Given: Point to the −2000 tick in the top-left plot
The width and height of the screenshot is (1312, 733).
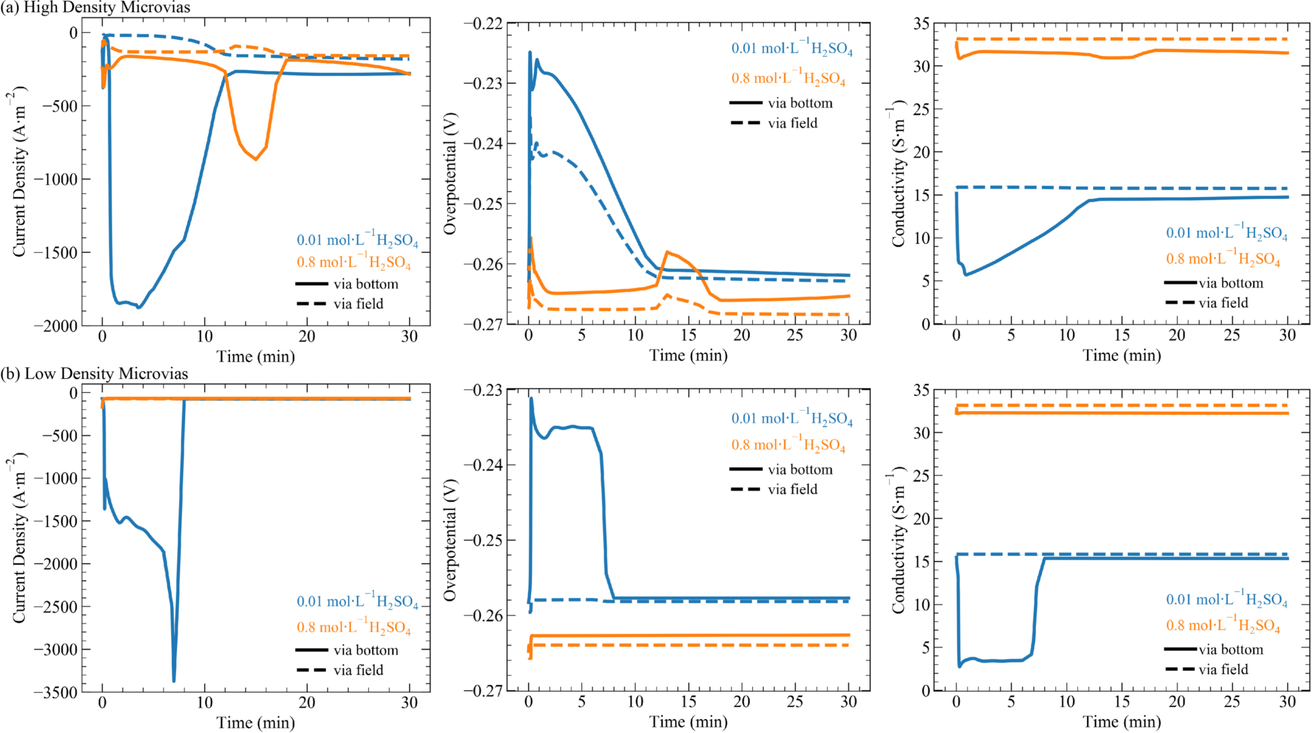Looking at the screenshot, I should click(x=60, y=326).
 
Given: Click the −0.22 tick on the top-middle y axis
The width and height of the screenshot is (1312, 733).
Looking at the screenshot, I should click(x=483, y=23).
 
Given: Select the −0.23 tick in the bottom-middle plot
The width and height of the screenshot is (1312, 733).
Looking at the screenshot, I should click(x=483, y=390).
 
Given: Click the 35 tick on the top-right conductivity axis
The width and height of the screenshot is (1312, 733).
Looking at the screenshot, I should click(x=922, y=23).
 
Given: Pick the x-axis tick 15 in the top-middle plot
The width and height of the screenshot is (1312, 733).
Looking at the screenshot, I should click(x=688, y=336).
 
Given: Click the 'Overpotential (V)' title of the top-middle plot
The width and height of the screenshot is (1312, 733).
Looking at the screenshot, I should click(x=450, y=174).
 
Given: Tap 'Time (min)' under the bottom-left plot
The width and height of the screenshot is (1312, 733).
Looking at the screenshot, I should click(x=255, y=723).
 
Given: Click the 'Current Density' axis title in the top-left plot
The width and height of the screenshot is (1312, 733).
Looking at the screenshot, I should click(x=19, y=171).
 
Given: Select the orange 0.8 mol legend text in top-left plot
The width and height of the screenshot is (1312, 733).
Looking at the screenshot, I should click(x=354, y=262).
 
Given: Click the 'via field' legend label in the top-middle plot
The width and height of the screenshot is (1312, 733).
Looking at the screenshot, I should click(x=792, y=124).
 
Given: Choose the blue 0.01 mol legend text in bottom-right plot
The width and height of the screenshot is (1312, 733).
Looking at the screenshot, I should click(x=1226, y=599).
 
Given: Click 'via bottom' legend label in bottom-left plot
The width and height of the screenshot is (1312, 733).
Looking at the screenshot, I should click(x=366, y=650).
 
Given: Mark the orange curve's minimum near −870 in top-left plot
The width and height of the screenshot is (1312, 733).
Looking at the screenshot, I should click(x=256, y=160).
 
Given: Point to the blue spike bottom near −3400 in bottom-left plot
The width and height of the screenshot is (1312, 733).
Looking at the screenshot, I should click(x=174, y=681).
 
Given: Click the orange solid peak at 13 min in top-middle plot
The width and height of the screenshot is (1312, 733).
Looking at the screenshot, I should click(x=667, y=252).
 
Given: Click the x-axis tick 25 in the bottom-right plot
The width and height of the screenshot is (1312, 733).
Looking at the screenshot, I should click(x=1232, y=702).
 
